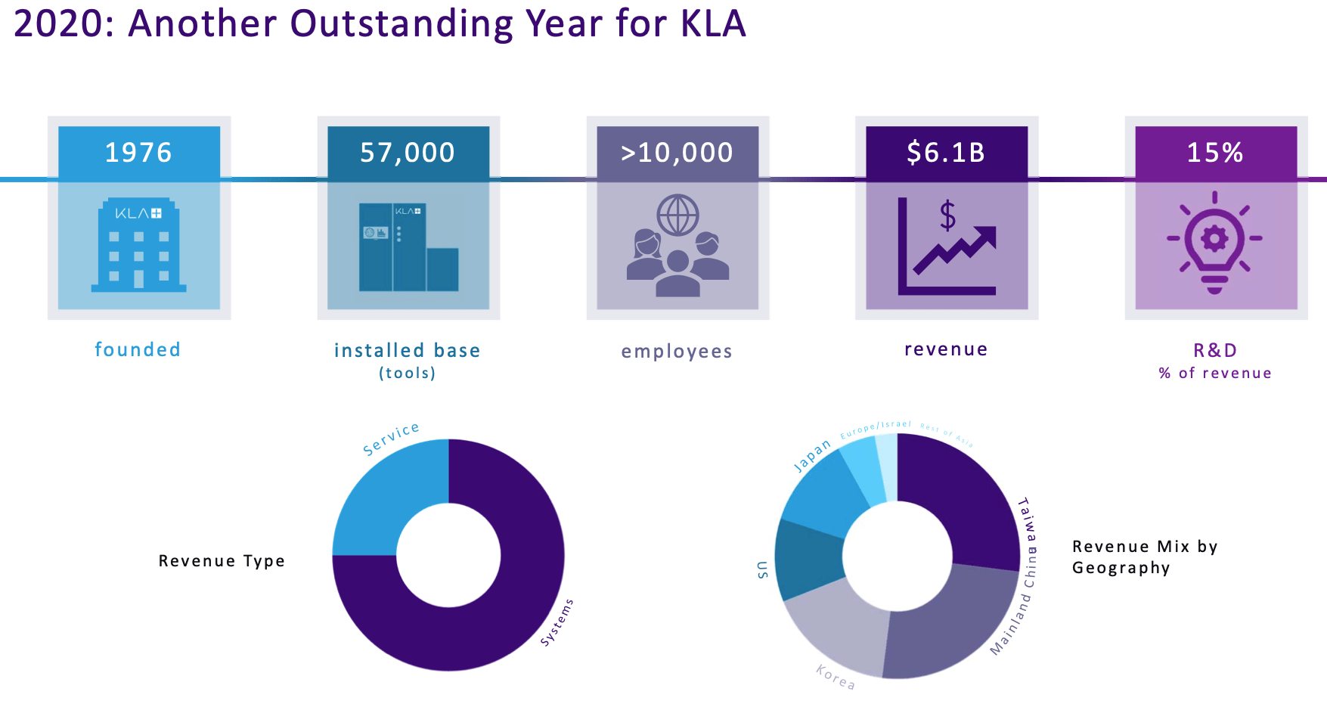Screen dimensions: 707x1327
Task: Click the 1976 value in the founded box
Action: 138,153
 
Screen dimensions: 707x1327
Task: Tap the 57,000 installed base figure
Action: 408,153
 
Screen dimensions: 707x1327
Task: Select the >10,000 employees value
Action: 677,153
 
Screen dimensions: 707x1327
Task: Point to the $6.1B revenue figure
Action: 946,153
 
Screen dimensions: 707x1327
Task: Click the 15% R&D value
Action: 1215,153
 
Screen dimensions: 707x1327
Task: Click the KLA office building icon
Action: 138,245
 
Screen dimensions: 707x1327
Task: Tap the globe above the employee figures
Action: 677,215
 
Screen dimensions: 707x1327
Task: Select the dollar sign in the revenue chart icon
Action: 947,216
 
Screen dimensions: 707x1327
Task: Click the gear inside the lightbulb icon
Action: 1215,239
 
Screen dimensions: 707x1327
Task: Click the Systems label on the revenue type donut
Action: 557,622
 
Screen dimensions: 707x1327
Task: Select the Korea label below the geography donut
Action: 836,677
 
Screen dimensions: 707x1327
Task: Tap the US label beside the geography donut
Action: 763,569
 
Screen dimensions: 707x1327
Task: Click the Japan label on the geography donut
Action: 812,456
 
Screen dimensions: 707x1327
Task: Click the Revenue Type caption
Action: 222,561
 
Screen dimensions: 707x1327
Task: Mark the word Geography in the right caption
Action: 1121,568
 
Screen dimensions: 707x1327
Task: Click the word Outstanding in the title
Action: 402,23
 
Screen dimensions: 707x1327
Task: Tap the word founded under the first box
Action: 138,349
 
